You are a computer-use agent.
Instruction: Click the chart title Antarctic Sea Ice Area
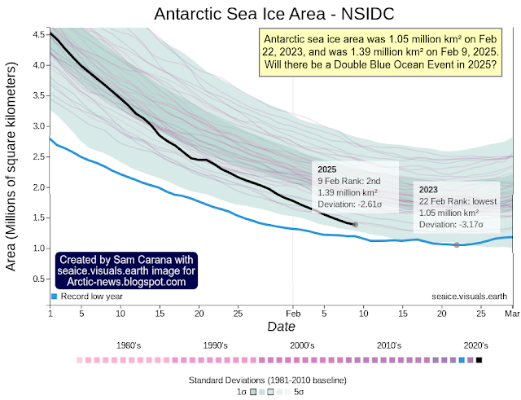(260, 13)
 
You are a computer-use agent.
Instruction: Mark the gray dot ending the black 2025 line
(355, 224)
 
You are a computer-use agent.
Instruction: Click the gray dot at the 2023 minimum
(457, 244)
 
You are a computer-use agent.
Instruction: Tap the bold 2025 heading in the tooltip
(326, 168)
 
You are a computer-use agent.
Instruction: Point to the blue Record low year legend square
(54, 297)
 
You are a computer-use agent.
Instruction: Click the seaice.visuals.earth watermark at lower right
(471, 297)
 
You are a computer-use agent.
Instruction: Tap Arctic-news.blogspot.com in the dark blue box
(126, 282)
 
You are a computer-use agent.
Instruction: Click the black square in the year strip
(479, 359)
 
